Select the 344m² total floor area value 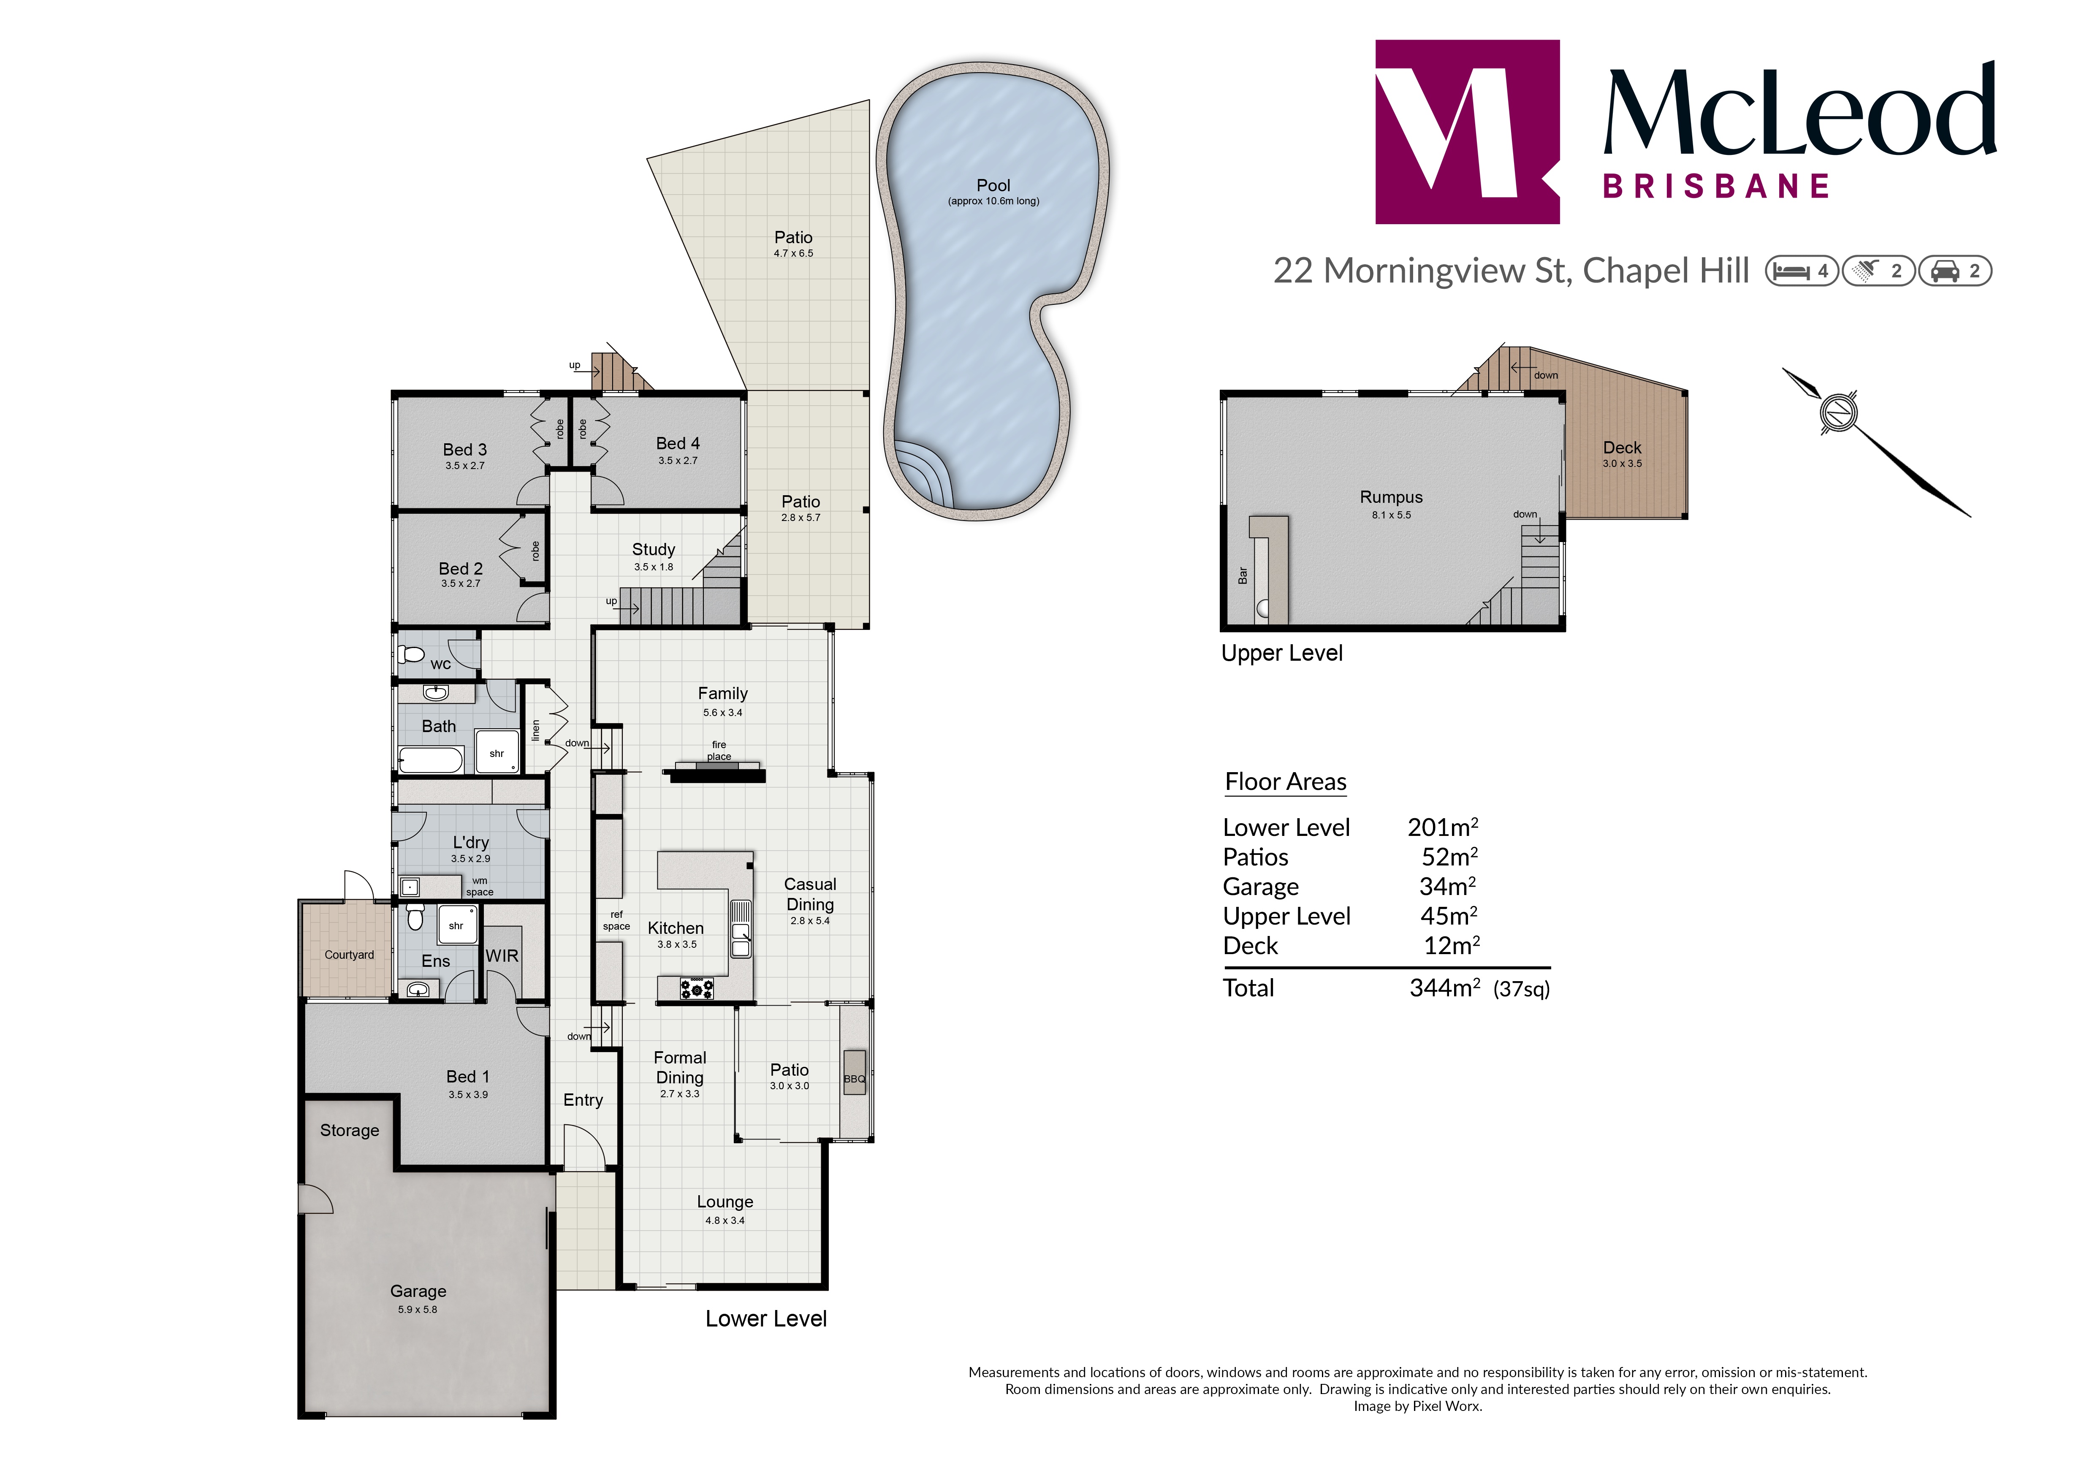(1444, 987)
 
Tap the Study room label (653, 549)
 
